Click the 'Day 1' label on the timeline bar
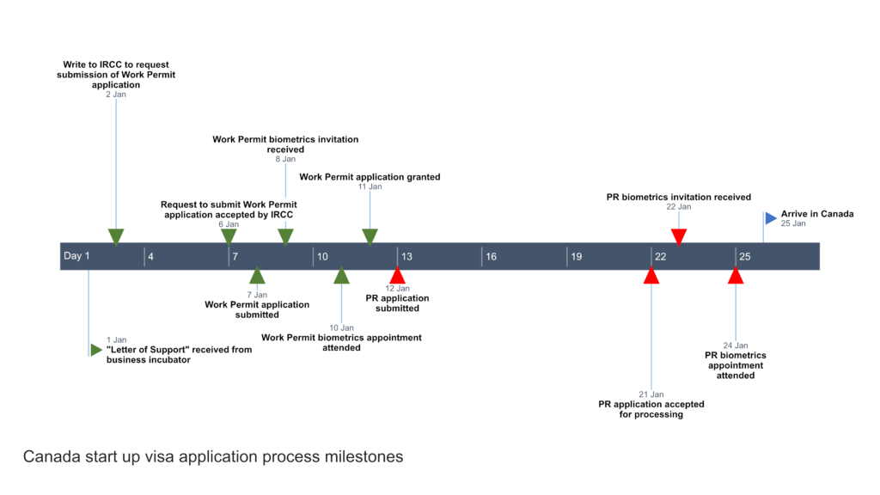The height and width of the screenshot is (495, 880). pyautogui.click(x=76, y=256)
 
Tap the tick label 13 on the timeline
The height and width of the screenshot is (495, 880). pyautogui.click(x=406, y=256)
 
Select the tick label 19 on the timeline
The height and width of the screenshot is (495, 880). pyautogui.click(x=577, y=256)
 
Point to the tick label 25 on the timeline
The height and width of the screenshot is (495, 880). pyautogui.click(x=745, y=256)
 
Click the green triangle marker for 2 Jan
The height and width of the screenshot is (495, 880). pyautogui.click(x=116, y=236)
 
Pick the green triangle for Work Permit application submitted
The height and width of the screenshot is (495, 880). pyautogui.click(x=257, y=276)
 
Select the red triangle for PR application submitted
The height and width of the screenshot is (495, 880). pyautogui.click(x=397, y=276)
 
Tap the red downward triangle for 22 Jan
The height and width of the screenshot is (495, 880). pyautogui.click(x=679, y=236)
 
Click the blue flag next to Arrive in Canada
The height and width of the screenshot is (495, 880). pyautogui.click(x=770, y=217)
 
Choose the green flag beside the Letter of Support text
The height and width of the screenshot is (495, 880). pyautogui.click(x=95, y=350)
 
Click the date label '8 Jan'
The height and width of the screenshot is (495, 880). pyautogui.click(x=285, y=159)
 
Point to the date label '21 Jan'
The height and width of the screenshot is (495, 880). pyautogui.click(x=651, y=394)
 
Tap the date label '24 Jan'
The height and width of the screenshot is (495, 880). pyautogui.click(x=736, y=345)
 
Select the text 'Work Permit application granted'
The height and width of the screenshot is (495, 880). pyautogui.click(x=370, y=177)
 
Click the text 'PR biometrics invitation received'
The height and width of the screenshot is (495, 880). pyautogui.click(x=679, y=197)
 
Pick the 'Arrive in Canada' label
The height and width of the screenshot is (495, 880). pyautogui.click(x=817, y=214)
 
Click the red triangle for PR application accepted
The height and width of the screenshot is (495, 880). pyautogui.click(x=651, y=276)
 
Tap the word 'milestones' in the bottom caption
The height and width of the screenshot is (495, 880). pyautogui.click(x=361, y=457)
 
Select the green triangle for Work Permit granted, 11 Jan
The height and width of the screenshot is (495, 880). pyautogui.click(x=370, y=236)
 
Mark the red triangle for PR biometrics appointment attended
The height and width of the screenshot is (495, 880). pyautogui.click(x=736, y=276)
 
